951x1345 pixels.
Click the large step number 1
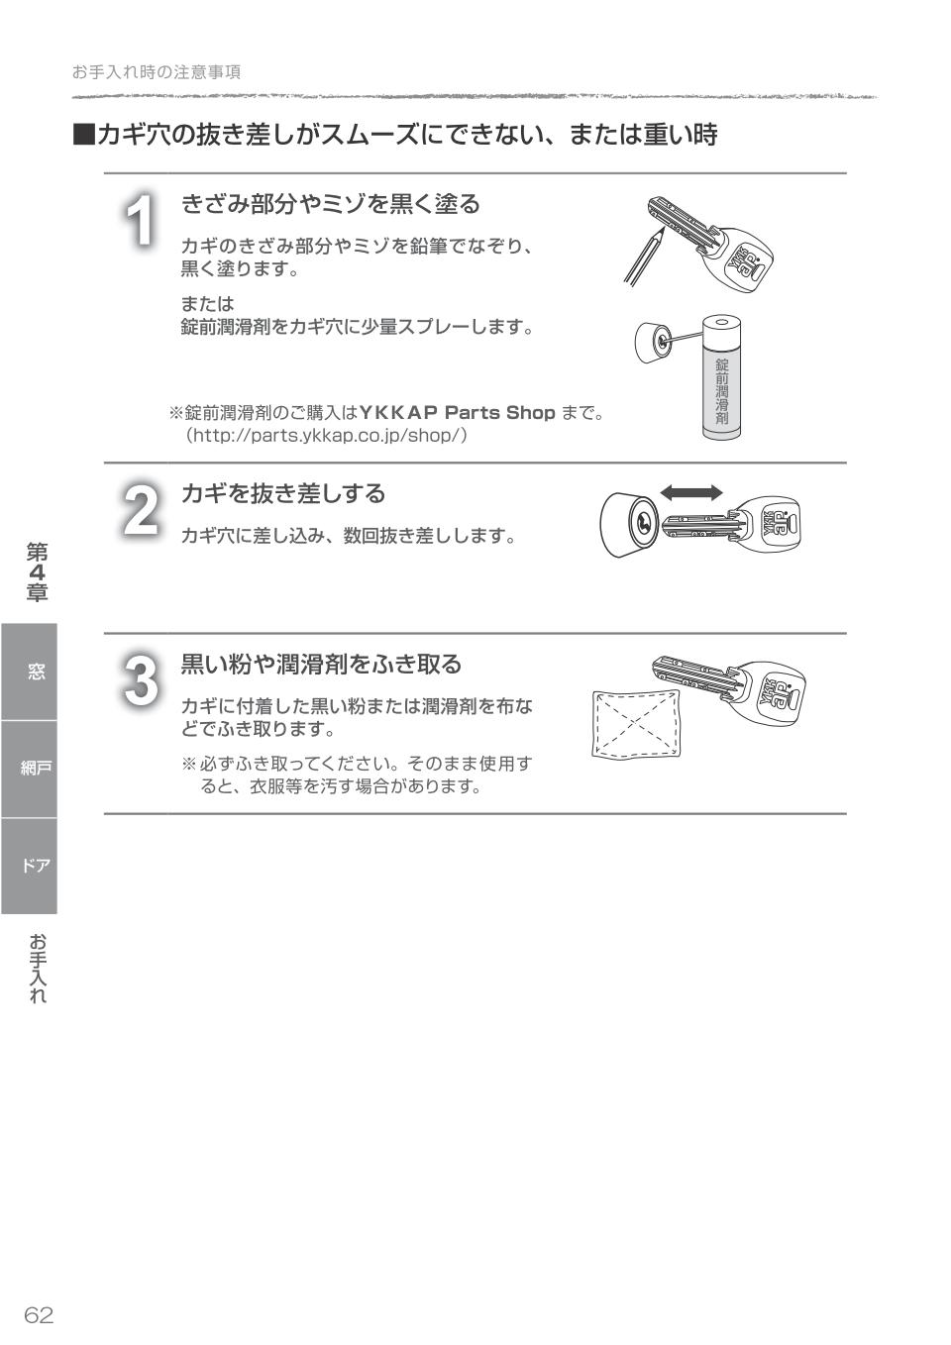pos(143,220)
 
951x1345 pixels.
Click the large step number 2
pos(141,510)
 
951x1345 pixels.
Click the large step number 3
pos(141,680)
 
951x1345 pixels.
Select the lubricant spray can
pos(721,377)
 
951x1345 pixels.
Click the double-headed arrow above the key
pos(691,492)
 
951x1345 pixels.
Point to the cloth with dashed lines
pos(636,724)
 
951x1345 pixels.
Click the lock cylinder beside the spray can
pos(655,341)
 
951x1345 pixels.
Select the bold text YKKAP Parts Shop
pos(457,412)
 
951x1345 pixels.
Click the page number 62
pos(39,1314)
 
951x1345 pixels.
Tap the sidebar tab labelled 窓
pos(35,672)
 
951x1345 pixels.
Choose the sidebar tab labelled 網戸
pos(35,769)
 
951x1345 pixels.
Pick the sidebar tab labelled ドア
pos(35,866)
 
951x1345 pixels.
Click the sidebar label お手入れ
pos(37,968)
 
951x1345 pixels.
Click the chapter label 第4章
pos(37,571)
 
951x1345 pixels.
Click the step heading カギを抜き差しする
pos(282,493)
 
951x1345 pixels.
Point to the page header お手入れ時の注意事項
pos(157,72)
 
